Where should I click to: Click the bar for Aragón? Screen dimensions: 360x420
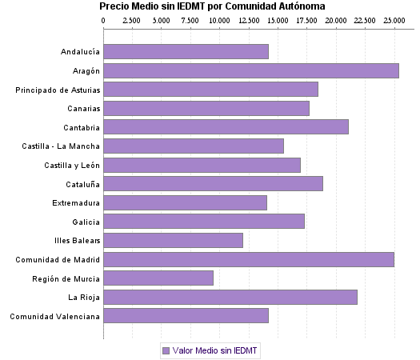click(251, 70)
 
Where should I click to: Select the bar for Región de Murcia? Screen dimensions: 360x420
click(158, 278)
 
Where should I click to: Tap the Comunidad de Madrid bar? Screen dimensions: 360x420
click(249, 259)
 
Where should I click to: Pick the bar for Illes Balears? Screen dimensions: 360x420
click(173, 240)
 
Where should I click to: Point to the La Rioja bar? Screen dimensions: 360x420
click(230, 297)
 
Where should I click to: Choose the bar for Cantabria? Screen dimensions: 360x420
click(226, 127)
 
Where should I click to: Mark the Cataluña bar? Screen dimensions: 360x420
click(213, 183)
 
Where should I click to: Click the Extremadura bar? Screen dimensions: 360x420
click(185, 202)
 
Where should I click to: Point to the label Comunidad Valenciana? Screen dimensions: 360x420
click(55, 316)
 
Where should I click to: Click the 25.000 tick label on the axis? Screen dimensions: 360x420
click(394, 19)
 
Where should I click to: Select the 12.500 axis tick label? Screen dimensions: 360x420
click(249, 19)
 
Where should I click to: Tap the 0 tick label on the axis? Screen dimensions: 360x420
click(104, 19)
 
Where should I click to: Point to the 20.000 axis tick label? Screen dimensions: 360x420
click(336, 19)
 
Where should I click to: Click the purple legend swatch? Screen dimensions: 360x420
click(166, 350)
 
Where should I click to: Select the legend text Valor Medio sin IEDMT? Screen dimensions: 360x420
click(215, 350)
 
